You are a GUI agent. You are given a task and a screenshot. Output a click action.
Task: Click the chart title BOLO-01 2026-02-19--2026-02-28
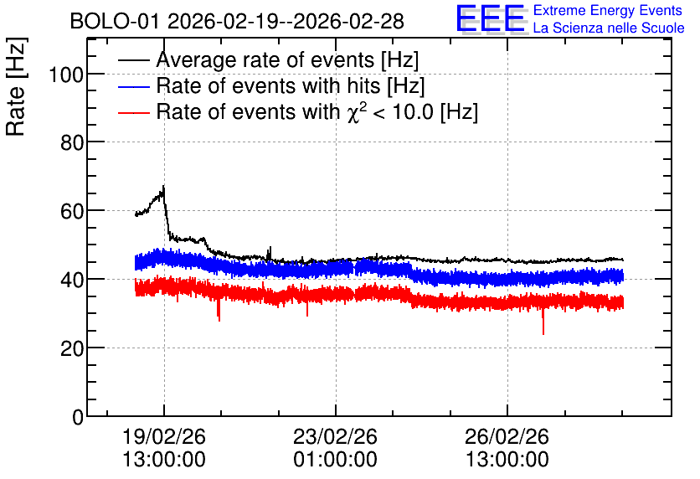point(237,21)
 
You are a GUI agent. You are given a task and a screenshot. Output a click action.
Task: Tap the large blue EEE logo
point(491,18)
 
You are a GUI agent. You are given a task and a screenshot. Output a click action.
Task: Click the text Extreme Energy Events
point(608,10)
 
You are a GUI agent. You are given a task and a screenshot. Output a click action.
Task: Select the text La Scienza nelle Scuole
point(609,28)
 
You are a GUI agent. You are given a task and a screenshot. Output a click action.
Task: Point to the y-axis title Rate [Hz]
point(16,86)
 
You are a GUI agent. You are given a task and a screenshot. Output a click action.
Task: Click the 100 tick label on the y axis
point(66,75)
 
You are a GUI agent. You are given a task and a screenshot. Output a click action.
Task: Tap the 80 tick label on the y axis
point(72,143)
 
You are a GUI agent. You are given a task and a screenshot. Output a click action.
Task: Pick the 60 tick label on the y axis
point(72,211)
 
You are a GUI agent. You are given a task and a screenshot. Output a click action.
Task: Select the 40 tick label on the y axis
point(72,280)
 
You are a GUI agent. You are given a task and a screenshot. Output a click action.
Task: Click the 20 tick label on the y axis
point(72,348)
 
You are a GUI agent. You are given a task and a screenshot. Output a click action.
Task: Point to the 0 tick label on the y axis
point(78,417)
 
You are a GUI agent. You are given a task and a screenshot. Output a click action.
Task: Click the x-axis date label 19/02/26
point(164,436)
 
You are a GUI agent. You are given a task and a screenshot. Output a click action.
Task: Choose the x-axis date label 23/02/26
point(335,436)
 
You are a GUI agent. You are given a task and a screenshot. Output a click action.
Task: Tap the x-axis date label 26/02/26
point(507,436)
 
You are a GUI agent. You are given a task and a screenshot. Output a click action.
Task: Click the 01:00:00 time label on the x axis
point(335,460)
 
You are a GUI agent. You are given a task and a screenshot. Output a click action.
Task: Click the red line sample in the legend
point(134,113)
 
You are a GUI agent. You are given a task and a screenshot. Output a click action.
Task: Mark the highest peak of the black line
point(164,186)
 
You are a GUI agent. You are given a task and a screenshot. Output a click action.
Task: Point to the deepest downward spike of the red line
point(543,334)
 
